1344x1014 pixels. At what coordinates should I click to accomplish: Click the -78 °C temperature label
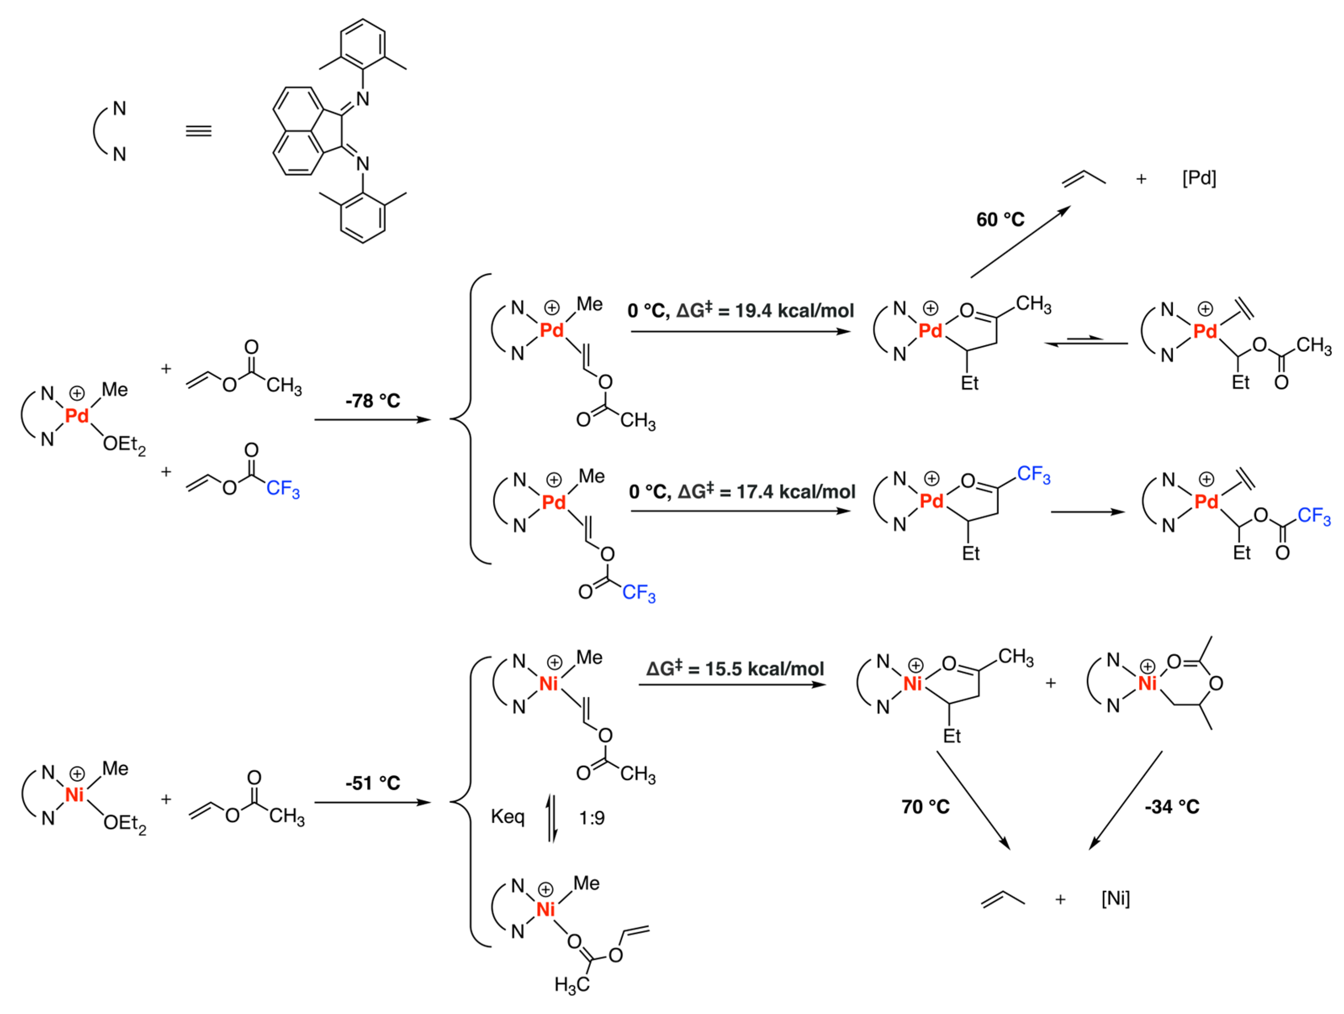(373, 401)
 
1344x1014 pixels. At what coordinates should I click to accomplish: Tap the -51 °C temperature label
(373, 783)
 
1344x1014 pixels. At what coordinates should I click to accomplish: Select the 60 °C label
(1000, 219)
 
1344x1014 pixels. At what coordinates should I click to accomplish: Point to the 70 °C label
(925, 807)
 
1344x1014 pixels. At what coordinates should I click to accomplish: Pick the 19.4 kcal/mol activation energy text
(795, 311)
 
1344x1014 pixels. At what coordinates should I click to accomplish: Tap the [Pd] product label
(1199, 179)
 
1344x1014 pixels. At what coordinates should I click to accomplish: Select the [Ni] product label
(1115, 899)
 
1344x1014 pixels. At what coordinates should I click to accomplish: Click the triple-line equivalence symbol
(199, 131)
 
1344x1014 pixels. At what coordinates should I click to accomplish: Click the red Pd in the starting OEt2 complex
(77, 416)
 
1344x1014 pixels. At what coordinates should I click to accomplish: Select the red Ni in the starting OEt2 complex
(74, 795)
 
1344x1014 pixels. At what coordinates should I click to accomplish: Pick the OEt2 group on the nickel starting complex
(125, 823)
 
